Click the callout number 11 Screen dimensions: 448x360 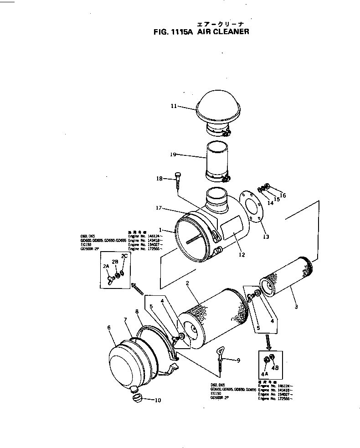click(x=174, y=106)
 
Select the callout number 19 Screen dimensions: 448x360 click(x=173, y=154)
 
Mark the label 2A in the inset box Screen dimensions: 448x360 click(x=106, y=266)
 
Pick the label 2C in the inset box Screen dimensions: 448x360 click(x=124, y=256)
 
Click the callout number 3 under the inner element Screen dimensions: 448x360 click(x=296, y=307)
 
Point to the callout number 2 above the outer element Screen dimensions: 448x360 click(x=187, y=283)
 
